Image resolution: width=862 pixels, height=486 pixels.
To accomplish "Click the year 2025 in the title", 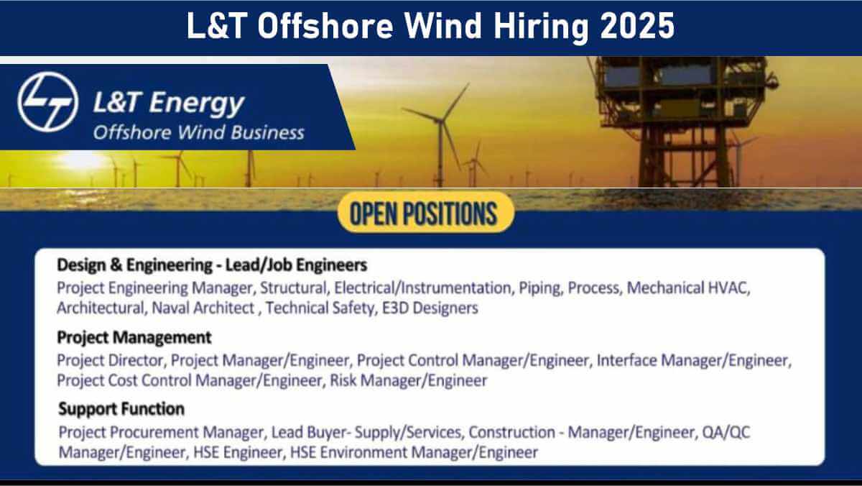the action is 637,26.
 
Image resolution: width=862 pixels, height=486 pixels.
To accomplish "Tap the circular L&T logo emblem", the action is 47,101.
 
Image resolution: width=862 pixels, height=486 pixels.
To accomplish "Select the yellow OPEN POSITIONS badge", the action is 425,212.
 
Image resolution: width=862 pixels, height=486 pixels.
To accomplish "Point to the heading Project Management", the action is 134,337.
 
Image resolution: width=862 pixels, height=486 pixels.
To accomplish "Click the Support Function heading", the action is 121,408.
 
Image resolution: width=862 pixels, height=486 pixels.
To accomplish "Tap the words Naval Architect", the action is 203,308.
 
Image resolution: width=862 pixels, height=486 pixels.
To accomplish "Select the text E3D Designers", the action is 430,308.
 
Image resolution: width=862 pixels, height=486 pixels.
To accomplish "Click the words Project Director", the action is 110,360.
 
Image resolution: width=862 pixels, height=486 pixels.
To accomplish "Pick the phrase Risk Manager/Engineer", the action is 409,380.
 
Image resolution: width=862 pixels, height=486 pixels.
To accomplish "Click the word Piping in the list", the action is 539,288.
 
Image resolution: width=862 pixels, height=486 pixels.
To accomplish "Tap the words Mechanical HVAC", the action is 687,288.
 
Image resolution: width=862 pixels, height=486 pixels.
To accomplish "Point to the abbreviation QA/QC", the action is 726,432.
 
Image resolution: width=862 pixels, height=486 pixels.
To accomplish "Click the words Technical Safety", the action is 320,308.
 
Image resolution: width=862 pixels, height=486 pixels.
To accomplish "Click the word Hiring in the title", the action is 541,27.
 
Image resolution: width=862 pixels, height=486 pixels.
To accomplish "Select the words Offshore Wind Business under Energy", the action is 198,132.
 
